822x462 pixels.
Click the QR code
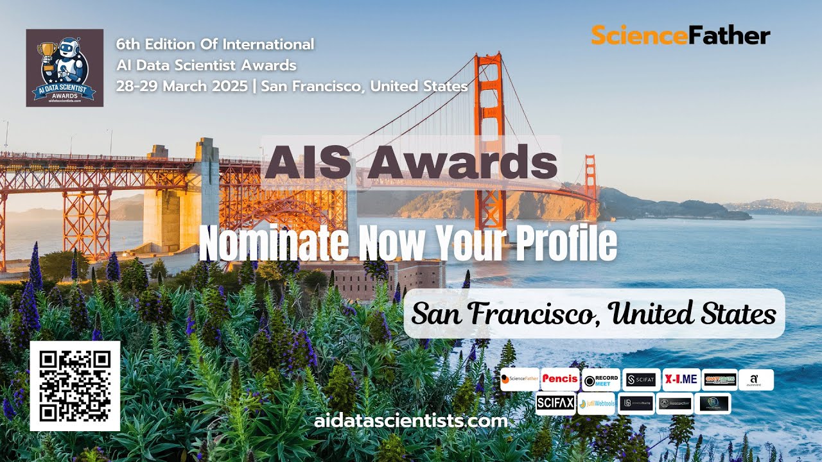[x=74, y=386]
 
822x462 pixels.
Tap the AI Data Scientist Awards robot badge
[x=64, y=67]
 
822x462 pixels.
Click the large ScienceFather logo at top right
[x=680, y=35]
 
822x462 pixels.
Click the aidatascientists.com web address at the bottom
[x=411, y=422]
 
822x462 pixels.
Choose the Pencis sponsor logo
[x=560, y=379]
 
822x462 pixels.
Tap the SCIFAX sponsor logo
[x=555, y=404]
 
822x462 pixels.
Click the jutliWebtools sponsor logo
[x=597, y=404]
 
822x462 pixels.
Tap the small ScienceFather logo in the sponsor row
[x=520, y=379]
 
